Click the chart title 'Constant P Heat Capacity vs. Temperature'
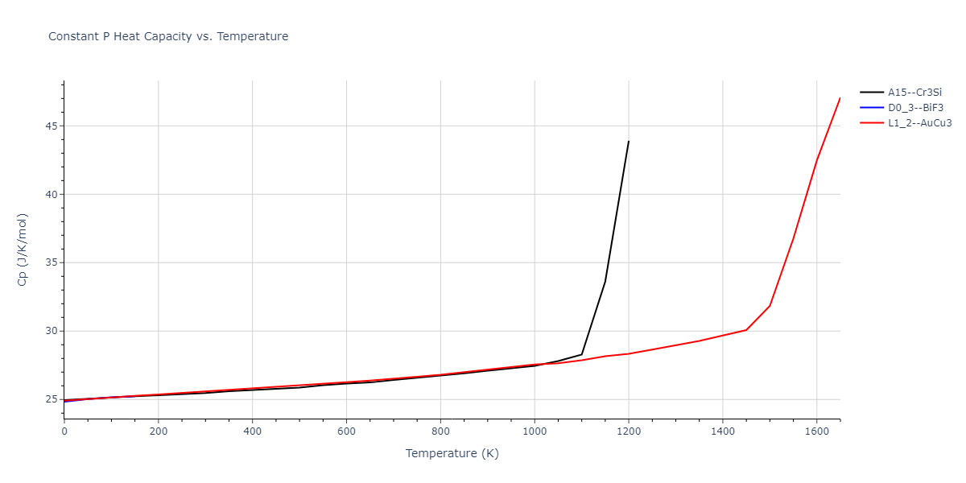(168, 36)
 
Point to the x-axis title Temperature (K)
(452, 454)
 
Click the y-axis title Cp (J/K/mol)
(23, 250)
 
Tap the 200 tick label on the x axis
(159, 432)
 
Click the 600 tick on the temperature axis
(346, 432)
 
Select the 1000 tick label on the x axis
(535, 432)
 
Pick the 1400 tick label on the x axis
(722, 432)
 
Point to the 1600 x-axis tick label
(816, 432)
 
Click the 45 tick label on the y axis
(50, 126)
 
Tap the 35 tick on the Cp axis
(50, 263)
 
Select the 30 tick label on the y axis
(50, 332)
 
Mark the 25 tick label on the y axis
(50, 400)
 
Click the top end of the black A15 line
(629, 141)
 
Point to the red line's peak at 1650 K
(840, 98)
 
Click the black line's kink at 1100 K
(581, 354)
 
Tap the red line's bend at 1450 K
(746, 330)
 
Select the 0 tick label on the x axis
(64, 432)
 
